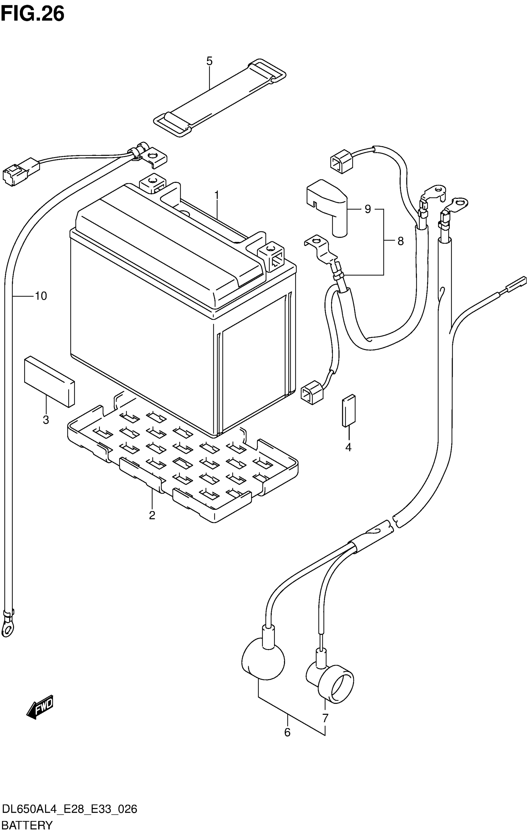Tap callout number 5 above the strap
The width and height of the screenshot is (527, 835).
(x=209, y=61)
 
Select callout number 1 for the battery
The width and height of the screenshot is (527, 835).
(x=217, y=196)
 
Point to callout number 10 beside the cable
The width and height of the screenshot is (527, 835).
(x=41, y=296)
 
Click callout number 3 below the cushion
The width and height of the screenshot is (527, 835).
(x=46, y=420)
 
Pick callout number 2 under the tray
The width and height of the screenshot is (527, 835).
(x=152, y=515)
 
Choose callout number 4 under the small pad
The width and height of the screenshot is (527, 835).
(x=348, y=447)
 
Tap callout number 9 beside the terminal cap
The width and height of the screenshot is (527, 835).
(x=368, y=209)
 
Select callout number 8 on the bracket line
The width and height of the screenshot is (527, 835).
(x=401, y=241)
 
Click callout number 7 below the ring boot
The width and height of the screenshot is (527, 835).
(x=325, y=717)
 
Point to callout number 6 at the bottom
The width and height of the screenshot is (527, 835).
(x=287, y=732)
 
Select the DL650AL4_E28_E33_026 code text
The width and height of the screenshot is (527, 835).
(x=69, y=810)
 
